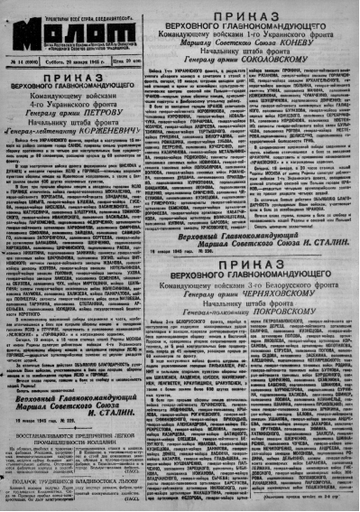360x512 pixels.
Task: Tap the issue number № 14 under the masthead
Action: coord(22,61)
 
